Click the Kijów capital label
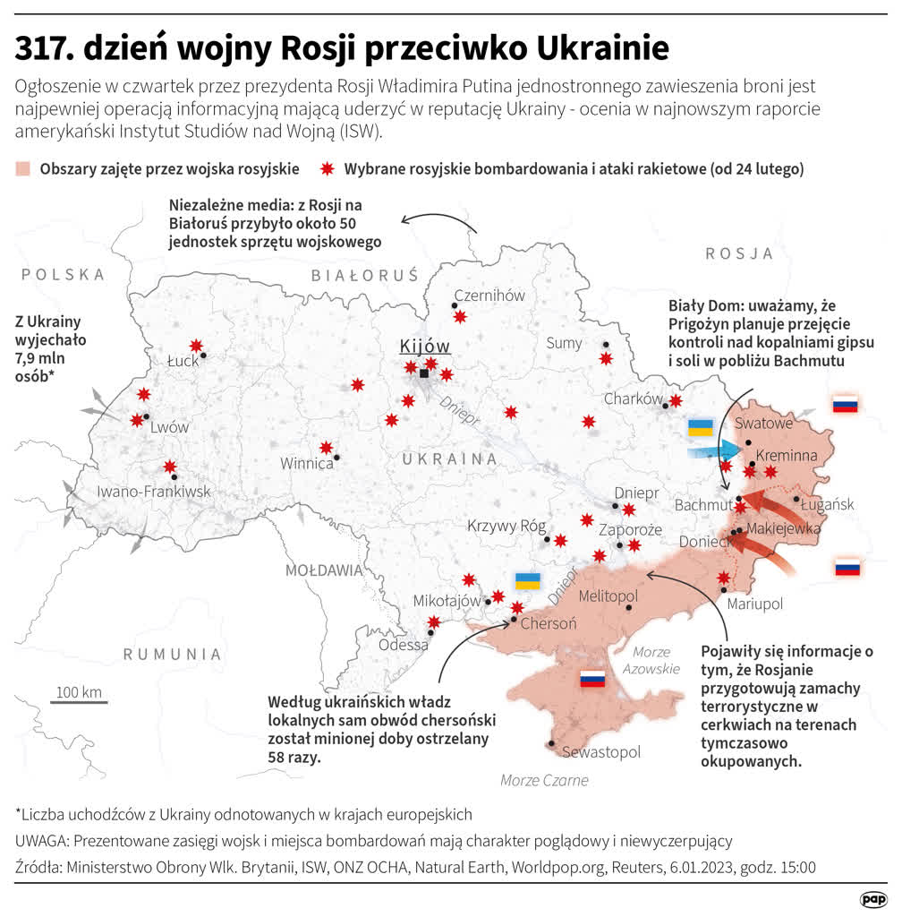(424, 347)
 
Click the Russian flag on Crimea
(592, 679)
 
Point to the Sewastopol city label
(601, 752)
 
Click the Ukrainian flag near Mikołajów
(528, 580)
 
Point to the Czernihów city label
(489, 296)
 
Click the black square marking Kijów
(424, 374)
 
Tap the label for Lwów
(169, 427)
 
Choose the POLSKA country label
(64, 274)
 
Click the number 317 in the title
(42, 48)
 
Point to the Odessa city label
(403, 645)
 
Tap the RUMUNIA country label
(172, 654)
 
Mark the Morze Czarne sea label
(544, 780)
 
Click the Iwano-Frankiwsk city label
(154, 491)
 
